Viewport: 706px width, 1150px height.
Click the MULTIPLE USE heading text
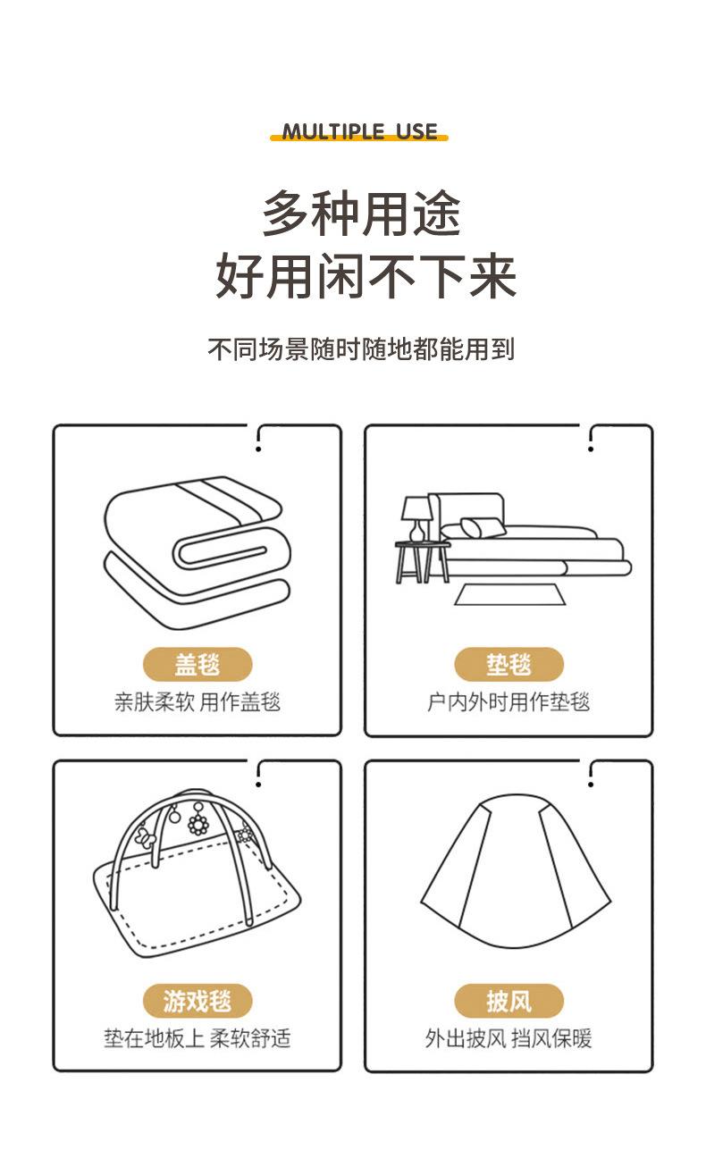359,131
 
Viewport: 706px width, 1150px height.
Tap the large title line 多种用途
361,214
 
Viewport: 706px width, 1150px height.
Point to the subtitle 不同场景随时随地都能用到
361,348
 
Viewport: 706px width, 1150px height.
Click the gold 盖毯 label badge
198,665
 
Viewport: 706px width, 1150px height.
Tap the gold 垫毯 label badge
508,665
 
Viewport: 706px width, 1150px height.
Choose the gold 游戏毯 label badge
198,1001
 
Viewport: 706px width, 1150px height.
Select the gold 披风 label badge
508,1001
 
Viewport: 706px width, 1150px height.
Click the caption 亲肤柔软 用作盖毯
198,702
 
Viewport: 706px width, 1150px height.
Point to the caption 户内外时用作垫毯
508,702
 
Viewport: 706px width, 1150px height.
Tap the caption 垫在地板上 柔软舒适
198,1038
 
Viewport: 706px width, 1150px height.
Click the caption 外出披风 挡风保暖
508,1038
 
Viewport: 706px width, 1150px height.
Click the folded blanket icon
198,549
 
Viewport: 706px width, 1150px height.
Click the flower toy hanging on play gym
198,823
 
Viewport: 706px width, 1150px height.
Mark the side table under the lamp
423,562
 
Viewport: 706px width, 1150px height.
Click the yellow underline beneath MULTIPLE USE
359,139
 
